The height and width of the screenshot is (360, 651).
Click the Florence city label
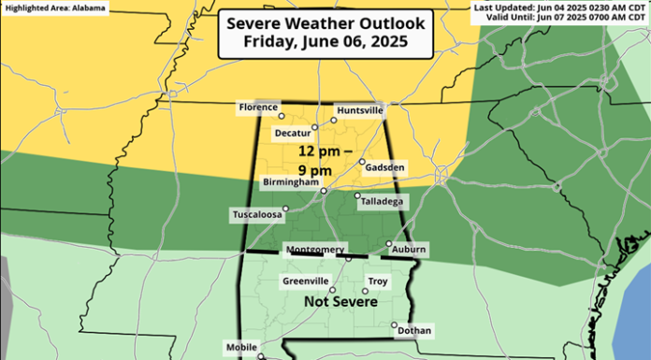coord(258,108)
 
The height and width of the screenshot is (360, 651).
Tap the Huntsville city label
coord(359,109)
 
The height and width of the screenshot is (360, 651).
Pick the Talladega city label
coord(380,201)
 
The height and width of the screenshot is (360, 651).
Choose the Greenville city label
coord(305,281)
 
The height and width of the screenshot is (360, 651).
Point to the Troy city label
coord(378,281)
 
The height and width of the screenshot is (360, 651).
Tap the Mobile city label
coord(241,347)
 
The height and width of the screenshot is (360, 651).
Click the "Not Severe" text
coord(341,303)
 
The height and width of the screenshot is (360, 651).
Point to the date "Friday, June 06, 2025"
coord(324,43)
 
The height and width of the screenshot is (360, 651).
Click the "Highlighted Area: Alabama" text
coord(55,7)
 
